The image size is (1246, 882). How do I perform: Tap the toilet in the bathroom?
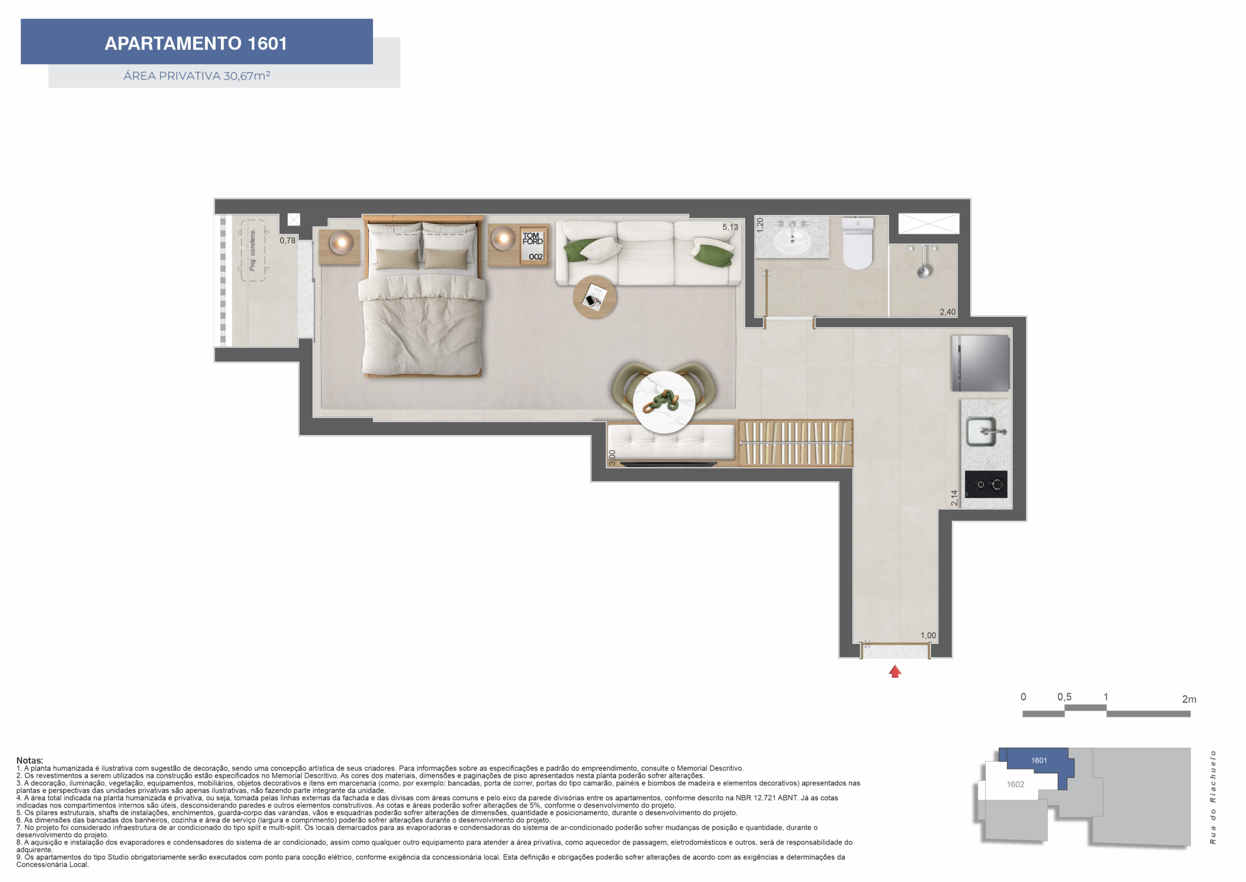coord(858,244)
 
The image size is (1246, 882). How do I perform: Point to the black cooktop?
coord(986,485)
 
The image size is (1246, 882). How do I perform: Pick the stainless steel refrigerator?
coord(981,363)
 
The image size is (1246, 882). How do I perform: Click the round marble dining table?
coord(664,402)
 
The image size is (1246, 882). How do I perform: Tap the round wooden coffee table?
coord(595,297)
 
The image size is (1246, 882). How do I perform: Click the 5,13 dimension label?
coord(730,227)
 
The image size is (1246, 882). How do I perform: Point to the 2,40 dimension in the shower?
coord(948,312)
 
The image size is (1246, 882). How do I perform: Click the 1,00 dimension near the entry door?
coord(928,636)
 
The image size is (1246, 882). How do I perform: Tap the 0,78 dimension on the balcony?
coord(288,240)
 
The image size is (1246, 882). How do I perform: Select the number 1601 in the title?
coord(267,43)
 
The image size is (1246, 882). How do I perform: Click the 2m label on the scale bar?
coord(1189,699)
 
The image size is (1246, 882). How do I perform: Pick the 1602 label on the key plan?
coord(1015,784)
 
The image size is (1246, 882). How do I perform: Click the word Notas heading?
coord(29,760)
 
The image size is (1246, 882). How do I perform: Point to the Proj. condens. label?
coord(252,250)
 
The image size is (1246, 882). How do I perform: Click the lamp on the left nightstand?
coord(342,242)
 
